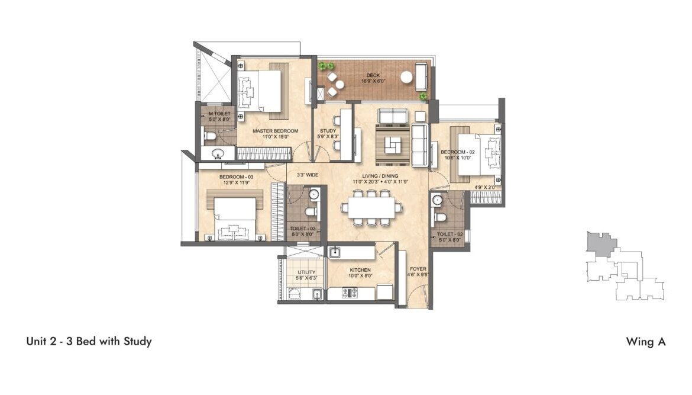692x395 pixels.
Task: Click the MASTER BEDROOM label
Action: (x=275, y=134)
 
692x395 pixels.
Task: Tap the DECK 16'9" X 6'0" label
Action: (x=373, y=78)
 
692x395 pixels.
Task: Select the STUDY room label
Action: (x=328, y=134)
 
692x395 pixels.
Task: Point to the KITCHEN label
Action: (x=360, y=272)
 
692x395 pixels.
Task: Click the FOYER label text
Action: (x=418, y=271)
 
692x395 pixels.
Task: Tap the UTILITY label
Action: (x=306, y=275)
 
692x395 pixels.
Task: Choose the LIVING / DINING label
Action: (x=380, y=178)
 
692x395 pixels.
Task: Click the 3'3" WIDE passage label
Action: (x=307, y=175)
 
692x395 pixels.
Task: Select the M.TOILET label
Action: (x=219, y=116)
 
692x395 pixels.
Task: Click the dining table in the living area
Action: (x=371, y=207)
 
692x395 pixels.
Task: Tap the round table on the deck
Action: (x=406, y=78)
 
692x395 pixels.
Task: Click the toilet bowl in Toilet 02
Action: (x=439, y=217)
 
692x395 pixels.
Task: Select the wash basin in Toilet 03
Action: (x=314, y=194)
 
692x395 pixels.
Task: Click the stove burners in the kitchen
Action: (x=350, y=293)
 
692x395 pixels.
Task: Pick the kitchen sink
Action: (x=335, y=252)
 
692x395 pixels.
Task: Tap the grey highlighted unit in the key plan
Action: (x=600, y=243)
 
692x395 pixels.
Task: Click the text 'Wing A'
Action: (x=646, y=342)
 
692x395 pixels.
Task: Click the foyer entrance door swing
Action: (x=418, y=295)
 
